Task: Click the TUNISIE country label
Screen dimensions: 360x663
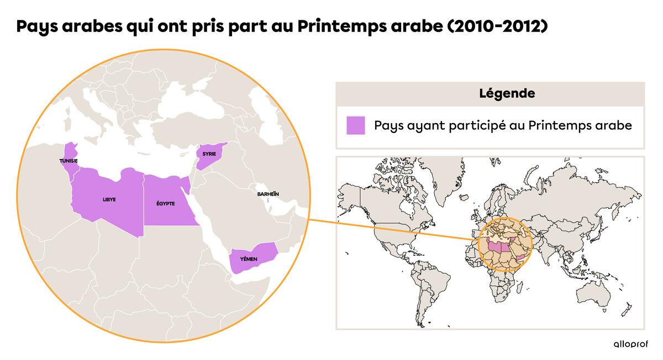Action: point(69,161)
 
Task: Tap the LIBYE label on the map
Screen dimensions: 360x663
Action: point(109,199)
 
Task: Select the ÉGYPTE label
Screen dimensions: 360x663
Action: point(166,204)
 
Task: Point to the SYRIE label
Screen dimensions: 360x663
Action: point(209,153)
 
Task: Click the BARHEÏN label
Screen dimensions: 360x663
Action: point(268,194)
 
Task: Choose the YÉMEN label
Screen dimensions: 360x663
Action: point(248,259)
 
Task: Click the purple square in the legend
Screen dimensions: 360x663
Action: point(355,125)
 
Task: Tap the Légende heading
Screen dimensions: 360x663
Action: point(507,94)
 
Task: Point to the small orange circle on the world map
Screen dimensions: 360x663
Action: point(505,245)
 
